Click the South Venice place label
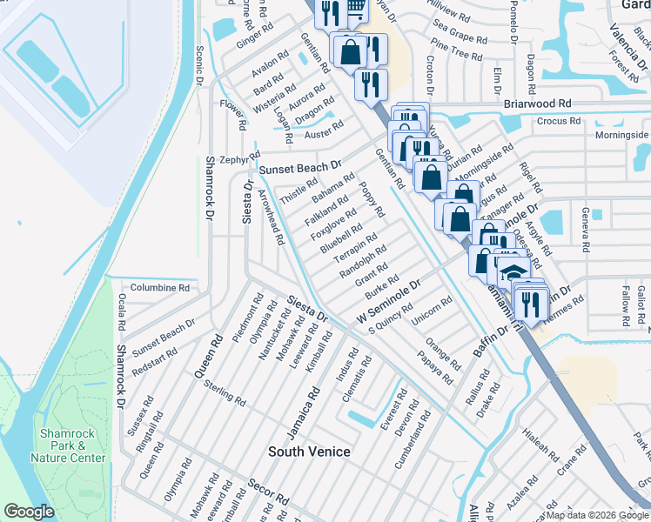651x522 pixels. [309, 452]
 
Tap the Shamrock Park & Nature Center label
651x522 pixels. [68, 445]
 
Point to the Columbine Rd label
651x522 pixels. [159, 287]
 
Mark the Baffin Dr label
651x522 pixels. [490, 338]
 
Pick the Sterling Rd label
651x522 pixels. [225, 391]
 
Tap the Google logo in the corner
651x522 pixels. [30, 512]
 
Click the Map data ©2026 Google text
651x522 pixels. [597, 515]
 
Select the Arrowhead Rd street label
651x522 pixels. [272, 217]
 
